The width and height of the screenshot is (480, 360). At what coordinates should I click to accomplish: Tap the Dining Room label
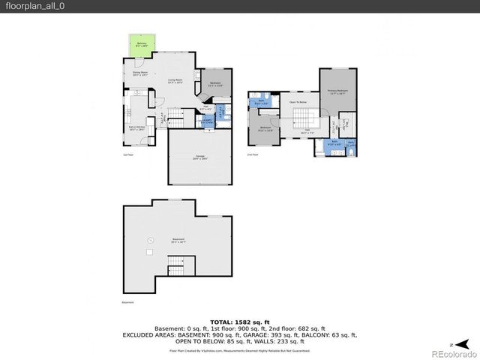tap(140, 73)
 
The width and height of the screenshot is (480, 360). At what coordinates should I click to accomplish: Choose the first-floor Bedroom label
tap(214, 85)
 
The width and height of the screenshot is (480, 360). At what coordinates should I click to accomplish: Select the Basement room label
tap(178, 240)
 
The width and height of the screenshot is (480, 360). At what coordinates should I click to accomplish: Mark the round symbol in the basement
tap(150, 239)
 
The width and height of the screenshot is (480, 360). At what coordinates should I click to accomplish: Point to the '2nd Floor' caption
tap(253, 155)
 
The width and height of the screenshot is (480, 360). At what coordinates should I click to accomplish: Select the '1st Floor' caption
tap(127, 155)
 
